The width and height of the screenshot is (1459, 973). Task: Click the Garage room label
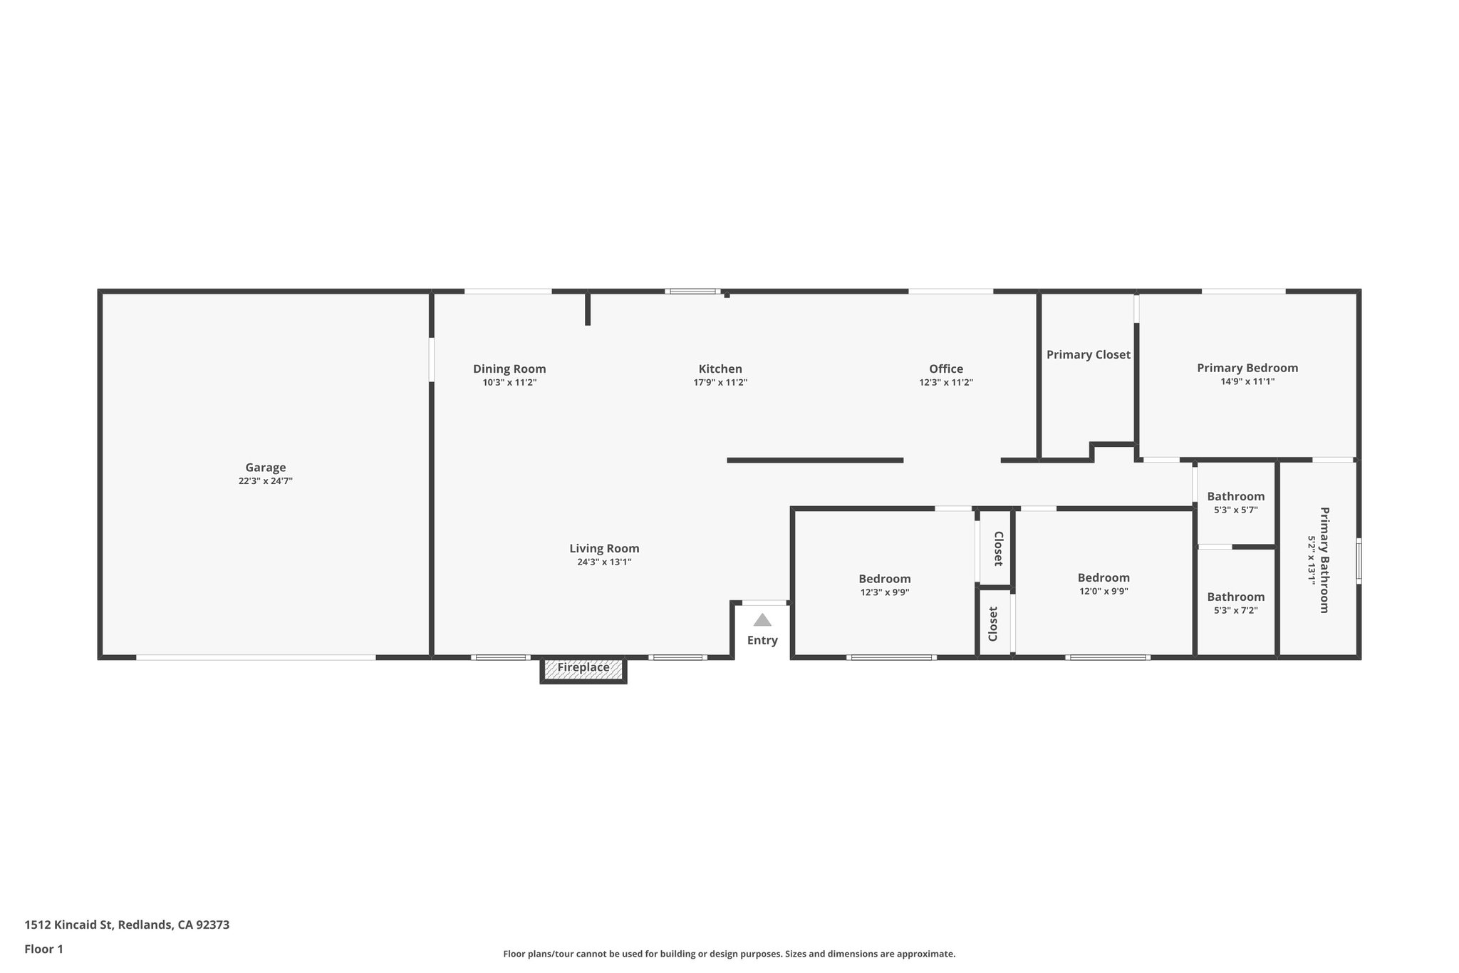coord(266,468)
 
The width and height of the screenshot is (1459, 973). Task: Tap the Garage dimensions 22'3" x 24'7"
coord(266,481)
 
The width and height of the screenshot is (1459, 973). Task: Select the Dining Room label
coord(509,369)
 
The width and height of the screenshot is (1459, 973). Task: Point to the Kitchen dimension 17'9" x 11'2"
coord(720,383)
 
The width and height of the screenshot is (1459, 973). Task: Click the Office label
coord(945,369)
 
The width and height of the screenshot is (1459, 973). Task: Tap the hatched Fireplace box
coord(583,668)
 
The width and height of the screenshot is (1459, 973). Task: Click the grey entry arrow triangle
coord(762,620)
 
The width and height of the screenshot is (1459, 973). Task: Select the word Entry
coord(762,640)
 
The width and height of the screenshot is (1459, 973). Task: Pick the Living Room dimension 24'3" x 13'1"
coord(604,562)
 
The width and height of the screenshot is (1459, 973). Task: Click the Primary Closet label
coord(1088,354)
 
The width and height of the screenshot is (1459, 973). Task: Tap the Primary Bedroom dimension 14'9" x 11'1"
coord(1247,381)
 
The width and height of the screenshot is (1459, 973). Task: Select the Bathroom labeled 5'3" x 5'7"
coord(1235,497)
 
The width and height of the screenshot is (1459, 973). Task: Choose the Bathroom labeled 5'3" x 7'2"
coord(1235,597)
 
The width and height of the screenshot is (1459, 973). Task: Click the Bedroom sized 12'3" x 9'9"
coord(884,579)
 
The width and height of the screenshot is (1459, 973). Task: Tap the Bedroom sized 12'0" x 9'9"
coord(1103,578)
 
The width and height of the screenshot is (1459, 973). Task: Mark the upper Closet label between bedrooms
coord(998,548)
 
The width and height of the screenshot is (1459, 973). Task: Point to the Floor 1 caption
coord(43,949)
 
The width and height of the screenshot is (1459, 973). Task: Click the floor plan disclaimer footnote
coord(729,954)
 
